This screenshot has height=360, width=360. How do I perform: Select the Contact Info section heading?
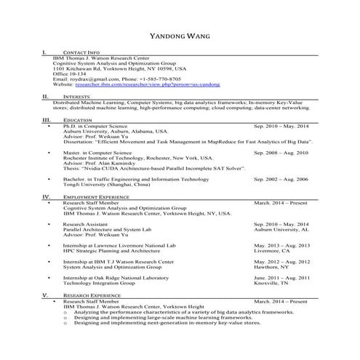point(81,54)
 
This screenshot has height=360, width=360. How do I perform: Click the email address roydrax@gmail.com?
point(85,79)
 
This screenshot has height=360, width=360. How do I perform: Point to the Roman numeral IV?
point(45,196)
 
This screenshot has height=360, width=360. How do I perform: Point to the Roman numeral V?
point(45,295)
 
